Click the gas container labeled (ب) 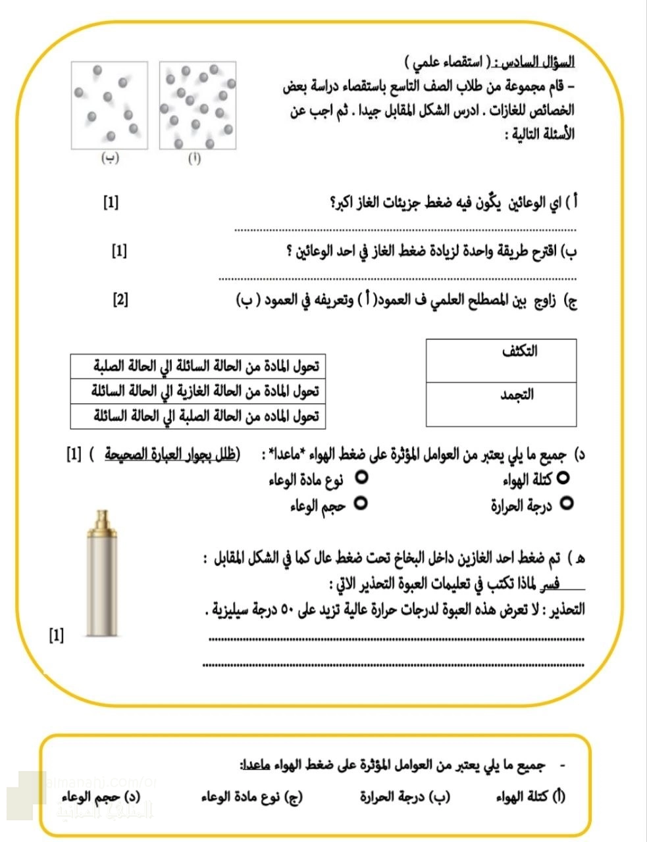pos(109,106)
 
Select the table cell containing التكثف pos(501,360)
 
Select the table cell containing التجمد pos(501,404)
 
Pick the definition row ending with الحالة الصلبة pos(197,366)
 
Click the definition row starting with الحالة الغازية pos(197,391)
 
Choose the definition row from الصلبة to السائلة pos(197,416)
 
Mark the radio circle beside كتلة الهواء pos(563,478)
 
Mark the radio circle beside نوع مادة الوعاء pos(361,478)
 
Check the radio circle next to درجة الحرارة pos(567,504)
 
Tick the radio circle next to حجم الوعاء pos(361,504)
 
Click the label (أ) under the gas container pos(195,159)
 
